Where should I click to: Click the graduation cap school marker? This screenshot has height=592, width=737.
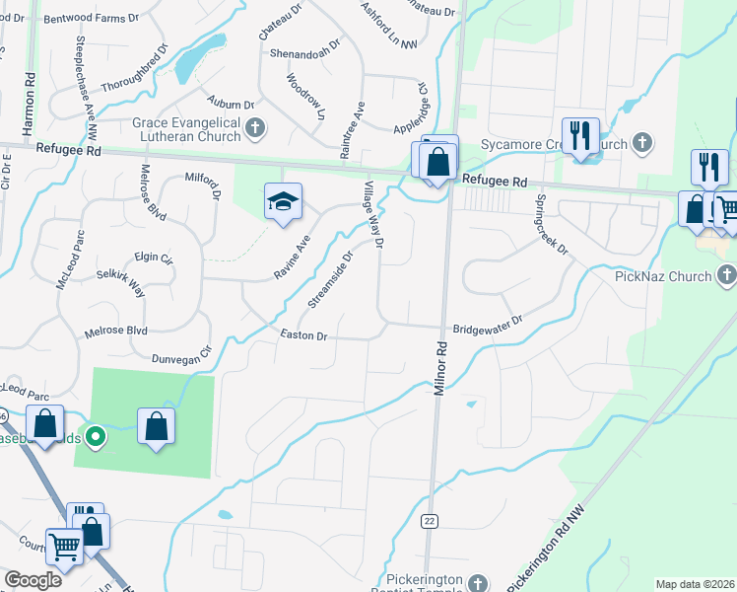283,201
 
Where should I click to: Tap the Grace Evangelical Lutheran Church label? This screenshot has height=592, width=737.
186,129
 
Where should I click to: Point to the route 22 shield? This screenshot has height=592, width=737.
429,520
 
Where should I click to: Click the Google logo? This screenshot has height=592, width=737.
33,580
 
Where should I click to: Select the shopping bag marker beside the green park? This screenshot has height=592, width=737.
156,426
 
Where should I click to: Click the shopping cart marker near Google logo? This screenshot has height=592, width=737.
65,545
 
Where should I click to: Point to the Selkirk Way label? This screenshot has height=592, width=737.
120,285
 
